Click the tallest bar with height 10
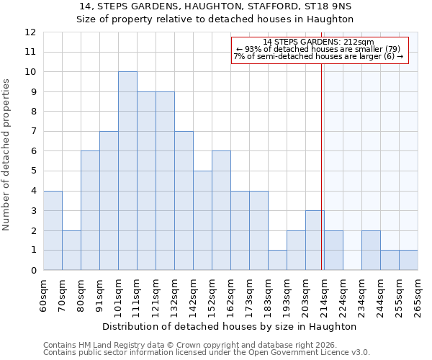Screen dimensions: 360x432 click(x=127, y=171)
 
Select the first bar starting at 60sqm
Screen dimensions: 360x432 click(x=53, y=230)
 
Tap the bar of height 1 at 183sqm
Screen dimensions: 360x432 click(x=277, y=260)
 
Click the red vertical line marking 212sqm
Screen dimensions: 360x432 click(x=321, y=158)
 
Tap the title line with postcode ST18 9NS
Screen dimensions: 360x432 click(x=216, y=6)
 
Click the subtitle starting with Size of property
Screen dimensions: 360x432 click(x=216, y=19)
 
